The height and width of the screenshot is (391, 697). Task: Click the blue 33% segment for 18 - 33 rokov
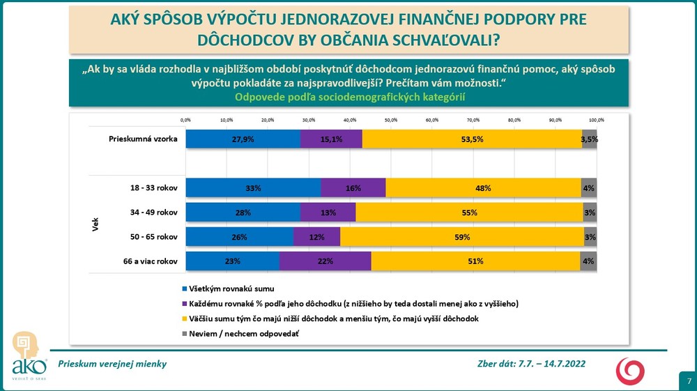253,188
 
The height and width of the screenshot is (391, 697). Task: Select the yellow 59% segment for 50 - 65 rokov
461,237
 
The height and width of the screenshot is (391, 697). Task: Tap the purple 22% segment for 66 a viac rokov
325,261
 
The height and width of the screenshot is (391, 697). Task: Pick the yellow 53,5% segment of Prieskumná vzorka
472,139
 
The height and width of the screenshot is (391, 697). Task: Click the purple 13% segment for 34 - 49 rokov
328,213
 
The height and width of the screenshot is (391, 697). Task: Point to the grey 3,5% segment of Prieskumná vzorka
590,139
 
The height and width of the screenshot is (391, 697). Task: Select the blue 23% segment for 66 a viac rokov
232,261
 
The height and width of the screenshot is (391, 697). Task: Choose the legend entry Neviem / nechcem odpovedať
240,334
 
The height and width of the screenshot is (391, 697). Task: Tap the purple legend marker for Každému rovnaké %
184,304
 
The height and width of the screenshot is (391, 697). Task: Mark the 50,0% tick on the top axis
390,120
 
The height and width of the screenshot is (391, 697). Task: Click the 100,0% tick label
596,120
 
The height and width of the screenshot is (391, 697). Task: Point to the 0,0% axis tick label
185,120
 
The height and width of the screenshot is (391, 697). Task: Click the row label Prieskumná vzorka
143,139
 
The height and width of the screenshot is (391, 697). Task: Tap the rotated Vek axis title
95,224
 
